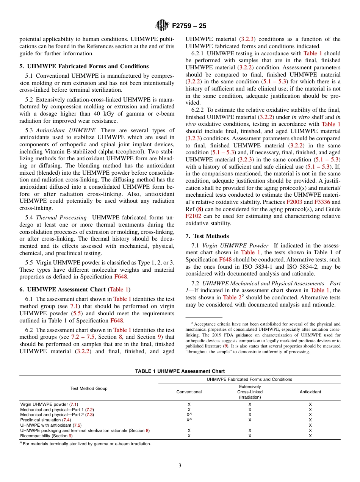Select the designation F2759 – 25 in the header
coord(189,26)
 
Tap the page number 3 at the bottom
coord(180,465)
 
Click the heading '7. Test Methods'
coord(207,236)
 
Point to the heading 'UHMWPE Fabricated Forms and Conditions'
coord(87,66)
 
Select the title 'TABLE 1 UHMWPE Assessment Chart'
coord(180,371)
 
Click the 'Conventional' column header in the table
coord(189,392)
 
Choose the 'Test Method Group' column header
coord(89,388)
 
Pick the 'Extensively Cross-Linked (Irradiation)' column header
coord(250,392)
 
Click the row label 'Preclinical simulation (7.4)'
coord(45,420)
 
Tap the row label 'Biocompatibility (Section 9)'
coord(46,436)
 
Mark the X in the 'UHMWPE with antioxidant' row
coord(310,425)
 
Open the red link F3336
coord(322,202)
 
